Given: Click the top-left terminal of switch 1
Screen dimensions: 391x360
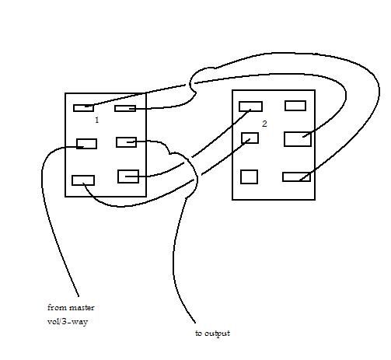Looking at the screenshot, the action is [x=83, y=108].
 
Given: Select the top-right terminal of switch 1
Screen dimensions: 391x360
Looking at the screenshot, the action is [x=125, y=108].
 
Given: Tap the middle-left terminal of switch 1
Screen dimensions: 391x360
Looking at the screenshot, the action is [x=87, y=144].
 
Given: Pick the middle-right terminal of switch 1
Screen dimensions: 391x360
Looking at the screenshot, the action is [x=127, y=142].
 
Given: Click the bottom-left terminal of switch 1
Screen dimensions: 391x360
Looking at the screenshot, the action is [x=83, y=180].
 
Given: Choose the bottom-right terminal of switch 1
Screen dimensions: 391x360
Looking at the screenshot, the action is [x=128, y=177].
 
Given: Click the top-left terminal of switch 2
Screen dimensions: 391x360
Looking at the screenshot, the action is [x=250, y=107].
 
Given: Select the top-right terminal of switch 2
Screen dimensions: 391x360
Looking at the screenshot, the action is [x=295, y=106].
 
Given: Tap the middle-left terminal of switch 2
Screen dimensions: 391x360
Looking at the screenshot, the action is [x=250, y=138].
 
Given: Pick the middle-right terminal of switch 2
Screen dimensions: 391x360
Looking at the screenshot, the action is [x=298, y=139].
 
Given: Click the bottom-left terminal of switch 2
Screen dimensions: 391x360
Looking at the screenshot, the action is [x=249, y=177].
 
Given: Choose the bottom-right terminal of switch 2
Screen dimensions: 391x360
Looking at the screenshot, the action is [x=296, y=177].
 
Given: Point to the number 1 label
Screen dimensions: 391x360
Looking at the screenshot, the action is [x=97, y=120].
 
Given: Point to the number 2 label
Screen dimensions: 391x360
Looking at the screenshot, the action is [x=264, y=124].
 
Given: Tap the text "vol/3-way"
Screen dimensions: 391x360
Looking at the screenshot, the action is [x=68, y=322].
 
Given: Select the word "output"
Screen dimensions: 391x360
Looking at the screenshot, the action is [x=217, y=334].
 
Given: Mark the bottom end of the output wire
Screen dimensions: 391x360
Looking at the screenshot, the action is [x=195, y=323].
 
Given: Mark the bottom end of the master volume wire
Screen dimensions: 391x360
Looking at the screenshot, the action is [x=79, y=296].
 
